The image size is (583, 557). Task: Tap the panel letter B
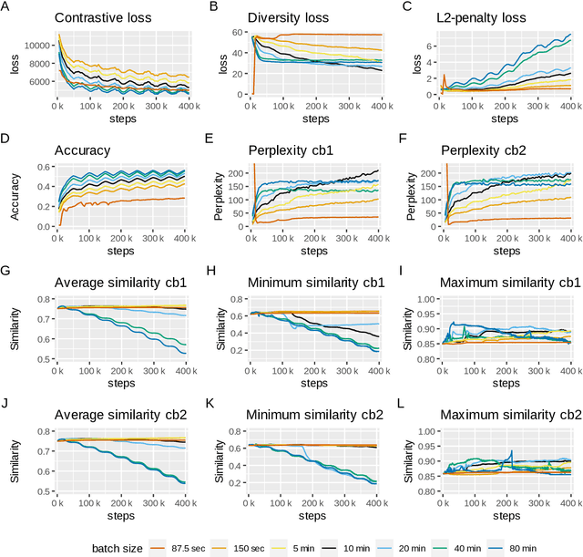click(213, 6)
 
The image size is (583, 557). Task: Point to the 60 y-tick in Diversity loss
click(234, 32)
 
